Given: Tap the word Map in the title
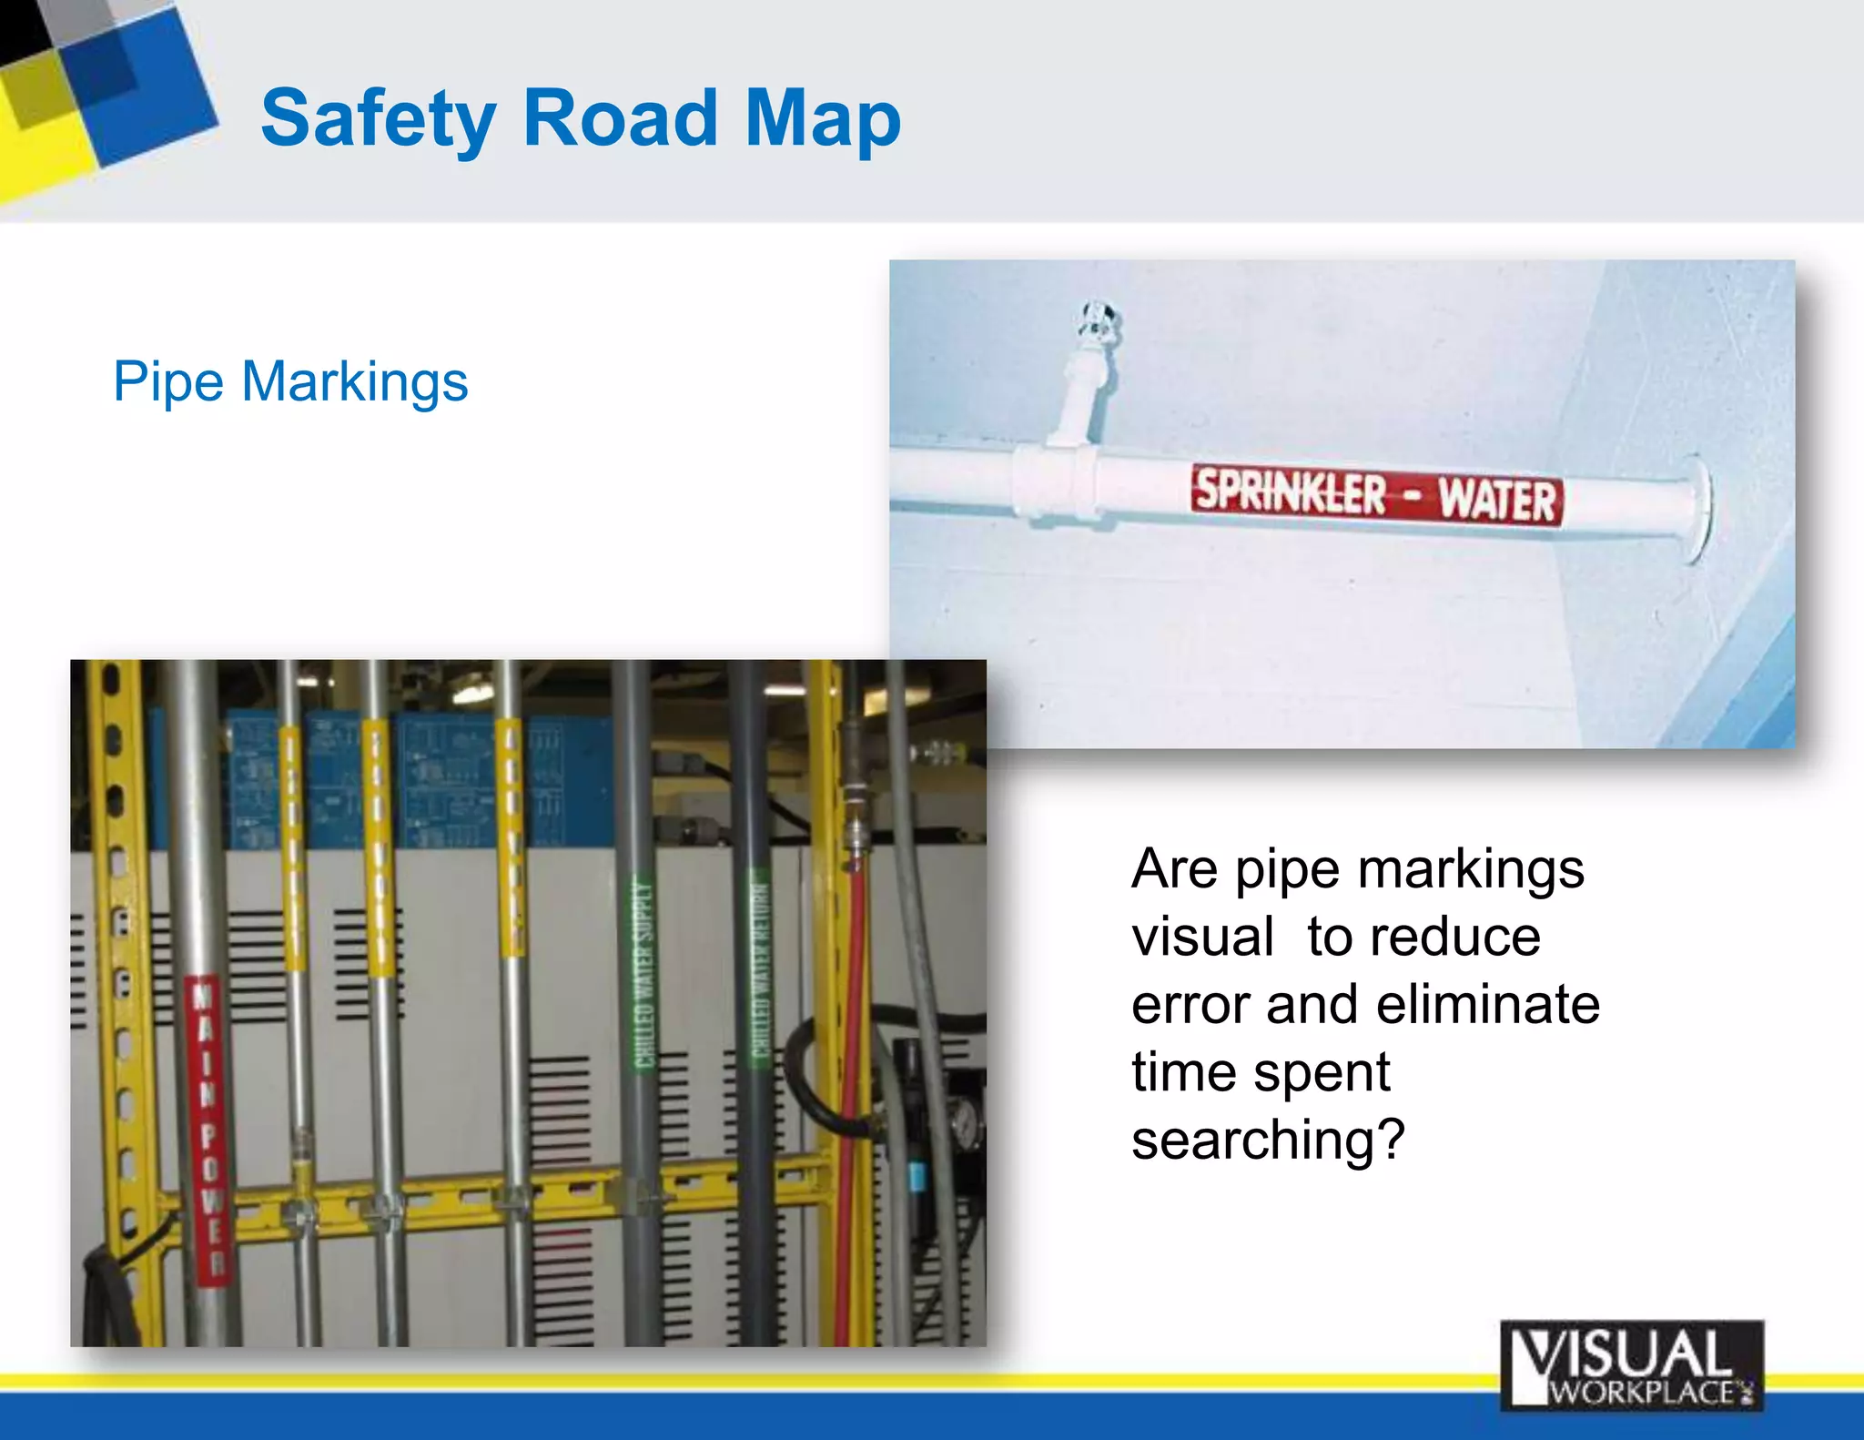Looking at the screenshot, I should click(823, 118).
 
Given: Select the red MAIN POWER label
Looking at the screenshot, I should click(208, 1129).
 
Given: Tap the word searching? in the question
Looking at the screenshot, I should click(1268, 1140).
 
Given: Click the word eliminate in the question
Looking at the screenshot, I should click(1488, 1004).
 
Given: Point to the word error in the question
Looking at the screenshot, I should click(1190, 1004).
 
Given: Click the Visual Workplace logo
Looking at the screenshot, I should click(1631, 1365).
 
